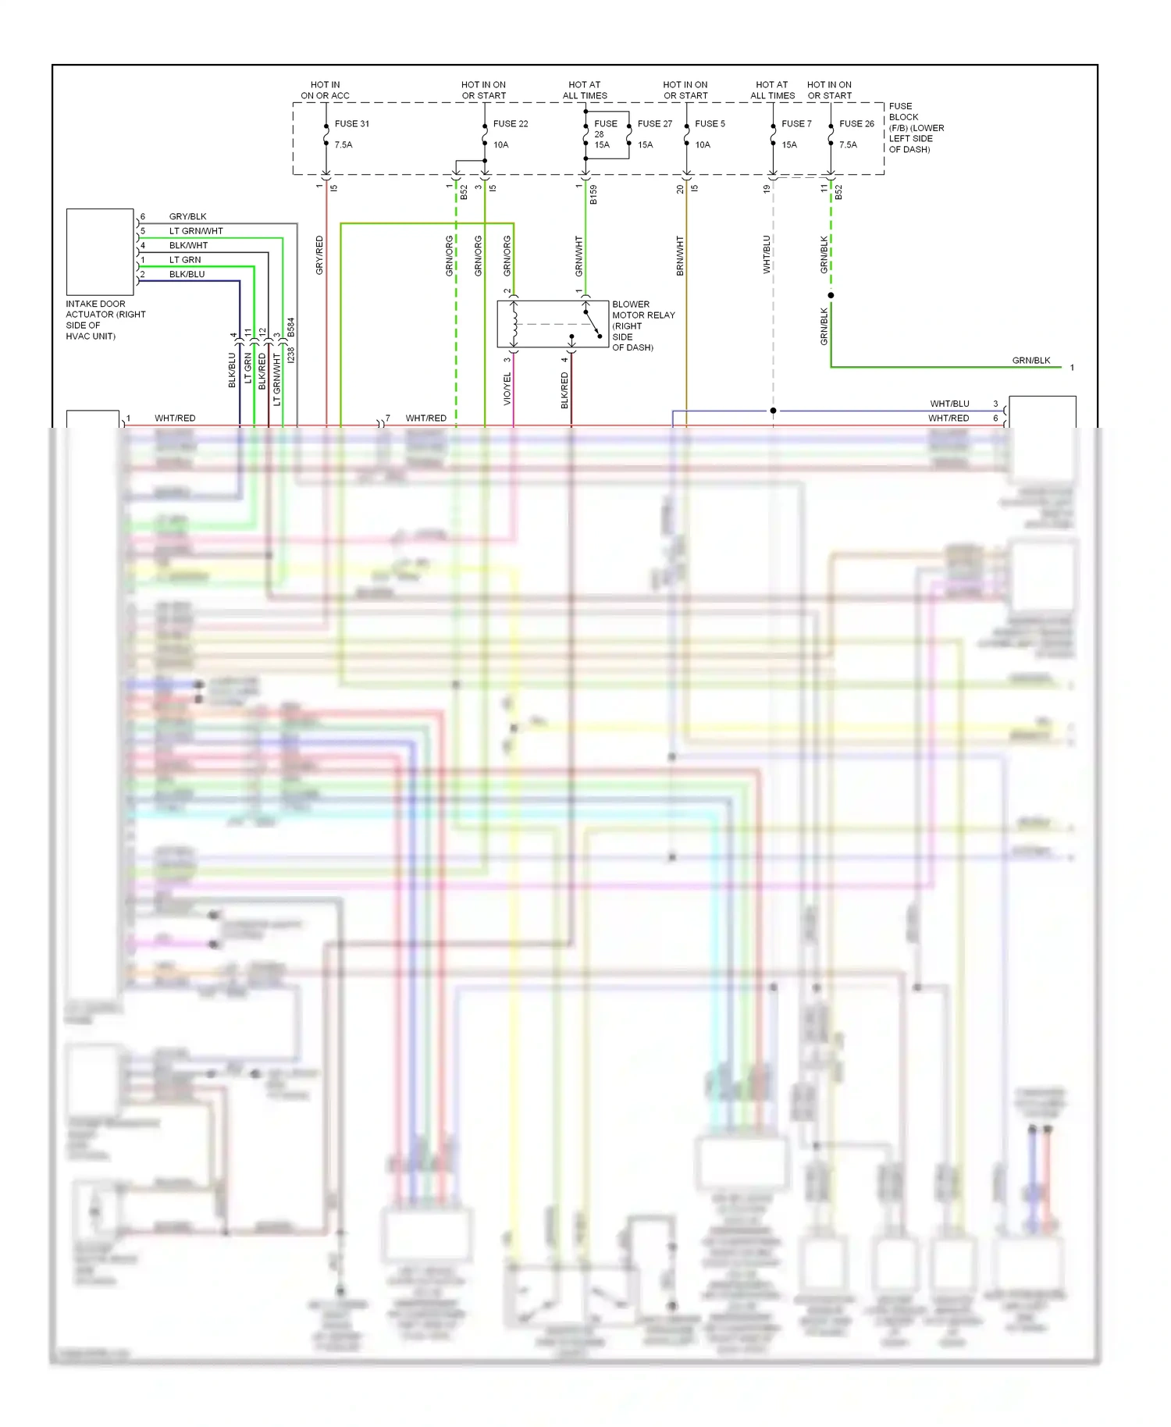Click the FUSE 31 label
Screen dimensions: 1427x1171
[351, 123]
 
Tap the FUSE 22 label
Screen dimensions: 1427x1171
[510, 123]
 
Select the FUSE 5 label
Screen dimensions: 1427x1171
[710, 123]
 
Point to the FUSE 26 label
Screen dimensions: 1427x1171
[856, 123]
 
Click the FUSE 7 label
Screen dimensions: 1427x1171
[796, 123]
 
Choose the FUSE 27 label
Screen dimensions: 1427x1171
[654, 123]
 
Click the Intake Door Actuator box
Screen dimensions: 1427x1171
[100, 251]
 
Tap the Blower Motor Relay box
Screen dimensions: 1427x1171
[553, 324]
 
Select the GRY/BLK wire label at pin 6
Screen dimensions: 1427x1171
[187, 216]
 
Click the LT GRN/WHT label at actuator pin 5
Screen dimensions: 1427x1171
[196, 231]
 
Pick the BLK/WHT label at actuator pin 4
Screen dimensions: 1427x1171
[188, 245]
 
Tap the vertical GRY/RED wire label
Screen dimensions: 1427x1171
[319, 254]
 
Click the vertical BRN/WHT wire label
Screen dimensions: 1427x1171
[680, 255]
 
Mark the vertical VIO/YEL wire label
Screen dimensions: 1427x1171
[507, 388]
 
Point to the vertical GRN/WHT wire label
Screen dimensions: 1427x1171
[579, 255]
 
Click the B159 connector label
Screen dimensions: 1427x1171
[593, 194]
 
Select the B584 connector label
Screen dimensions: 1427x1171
[291, 326]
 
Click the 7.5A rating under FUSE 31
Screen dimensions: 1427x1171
[343, 144]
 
